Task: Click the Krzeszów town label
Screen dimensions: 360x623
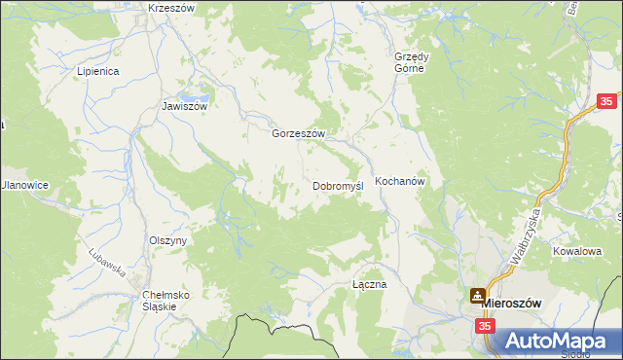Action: (x=171, y=8)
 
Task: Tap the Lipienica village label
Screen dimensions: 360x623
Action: (x=97, y=72)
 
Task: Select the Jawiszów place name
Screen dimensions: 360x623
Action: (x=185, y=107)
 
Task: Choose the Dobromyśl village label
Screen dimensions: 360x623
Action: (x=338, y=185)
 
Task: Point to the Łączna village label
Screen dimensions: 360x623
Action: (x=370, y=285)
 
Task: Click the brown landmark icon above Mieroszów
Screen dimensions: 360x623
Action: (x=478, y=294)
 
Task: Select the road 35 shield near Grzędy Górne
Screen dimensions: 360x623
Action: (x=606, y=101)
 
